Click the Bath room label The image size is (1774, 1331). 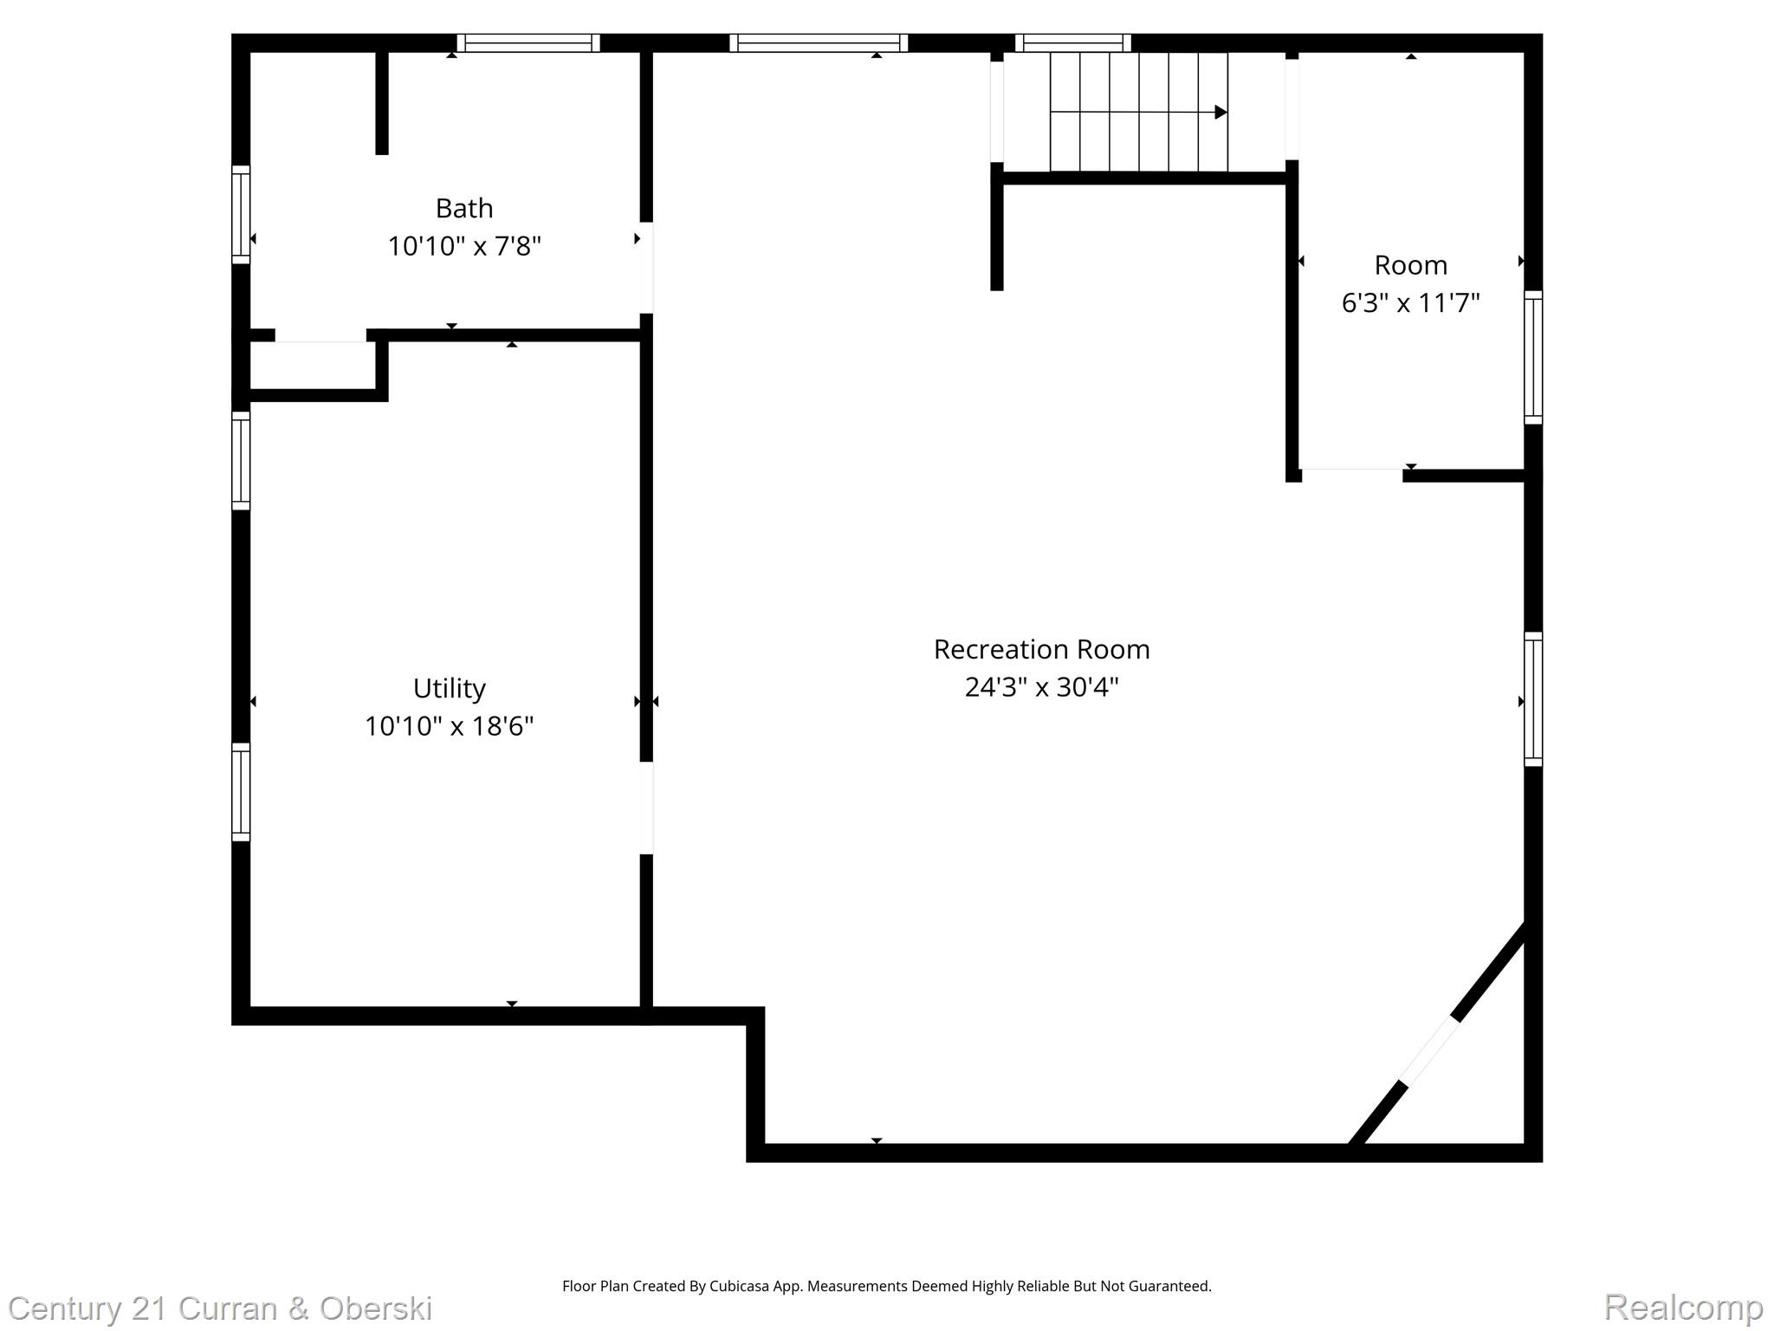pyautogui.click(x=463, y=208)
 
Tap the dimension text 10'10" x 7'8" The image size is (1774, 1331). pyautogui.click(x=463, y=247)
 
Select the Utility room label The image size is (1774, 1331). pyautogui.click(x=449, y=688)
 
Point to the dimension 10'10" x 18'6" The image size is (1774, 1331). pyautogui.click(x=449, y=726)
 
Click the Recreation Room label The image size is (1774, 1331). pyautogui.click(x=1041, y=649)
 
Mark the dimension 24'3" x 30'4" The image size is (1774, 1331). pyautogui.click(x=1041, y=687)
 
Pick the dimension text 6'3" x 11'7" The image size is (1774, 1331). pyautogui.click(x=1410, y=303)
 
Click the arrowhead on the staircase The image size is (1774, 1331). pyautogui.click(x=1220, y=112)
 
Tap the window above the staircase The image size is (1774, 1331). pyautogui.click(x=1072, y=42)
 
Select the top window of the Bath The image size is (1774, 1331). pyautogui.click(x=528, y=42)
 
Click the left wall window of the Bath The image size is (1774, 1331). pyautogui.click(x=241, y=214)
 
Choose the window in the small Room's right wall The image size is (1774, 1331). pyautogui.click(x=1532, y=357)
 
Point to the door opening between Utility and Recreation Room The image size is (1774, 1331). pyautogui.click(x=646, y=808)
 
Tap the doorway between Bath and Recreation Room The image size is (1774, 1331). pyautogui.click(x=646, y=268)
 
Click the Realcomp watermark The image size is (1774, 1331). pyautogui.click(x=1683, y=1307)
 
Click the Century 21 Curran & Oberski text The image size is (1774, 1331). pyautogui.click(x=220, y=1308)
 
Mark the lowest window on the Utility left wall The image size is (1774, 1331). pyautogui.click(x=241, y=791)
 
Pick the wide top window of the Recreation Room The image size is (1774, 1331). pyautogui.click(x=818, y=42)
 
